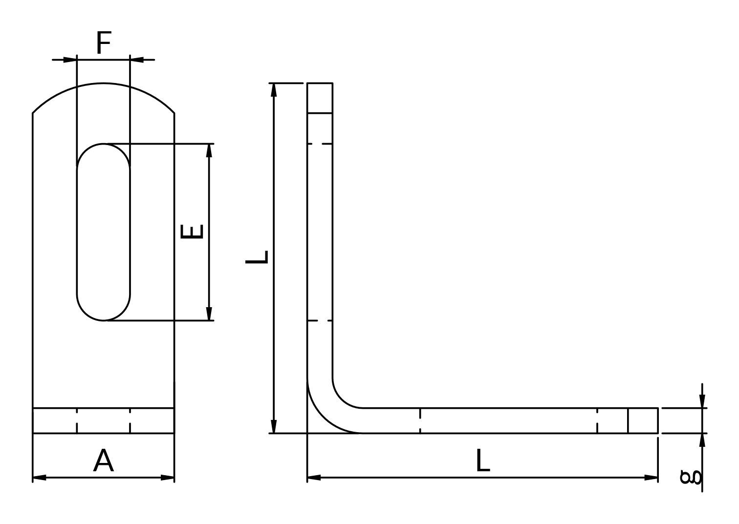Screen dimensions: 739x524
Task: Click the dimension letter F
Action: point(104,42)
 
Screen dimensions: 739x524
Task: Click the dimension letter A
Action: point(103,461)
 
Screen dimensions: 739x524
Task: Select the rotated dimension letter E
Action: point(192,231)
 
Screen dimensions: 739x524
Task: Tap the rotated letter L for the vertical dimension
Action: point(256,257)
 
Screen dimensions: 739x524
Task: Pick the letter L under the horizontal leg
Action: point(483,461)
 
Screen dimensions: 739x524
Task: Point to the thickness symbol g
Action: point(690,477)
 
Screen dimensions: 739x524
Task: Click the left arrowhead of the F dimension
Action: point(70,60)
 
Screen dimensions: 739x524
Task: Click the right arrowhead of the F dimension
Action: point(136,60)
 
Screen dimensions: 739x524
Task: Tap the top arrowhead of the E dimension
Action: point(209,150)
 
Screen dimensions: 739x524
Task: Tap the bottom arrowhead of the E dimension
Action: point(209,314)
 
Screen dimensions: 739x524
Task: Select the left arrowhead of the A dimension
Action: point(39,478)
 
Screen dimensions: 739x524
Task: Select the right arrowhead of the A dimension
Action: point(167,478)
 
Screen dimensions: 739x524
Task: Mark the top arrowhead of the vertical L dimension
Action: point(274,90)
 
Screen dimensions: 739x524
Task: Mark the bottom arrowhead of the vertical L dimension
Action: point(274,426)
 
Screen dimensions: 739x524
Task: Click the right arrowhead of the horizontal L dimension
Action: point(651,478)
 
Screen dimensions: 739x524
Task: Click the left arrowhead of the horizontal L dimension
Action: point(314,478)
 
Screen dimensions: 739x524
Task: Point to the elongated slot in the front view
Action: point(77,232)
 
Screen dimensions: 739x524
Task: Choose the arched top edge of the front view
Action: point(103,83)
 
